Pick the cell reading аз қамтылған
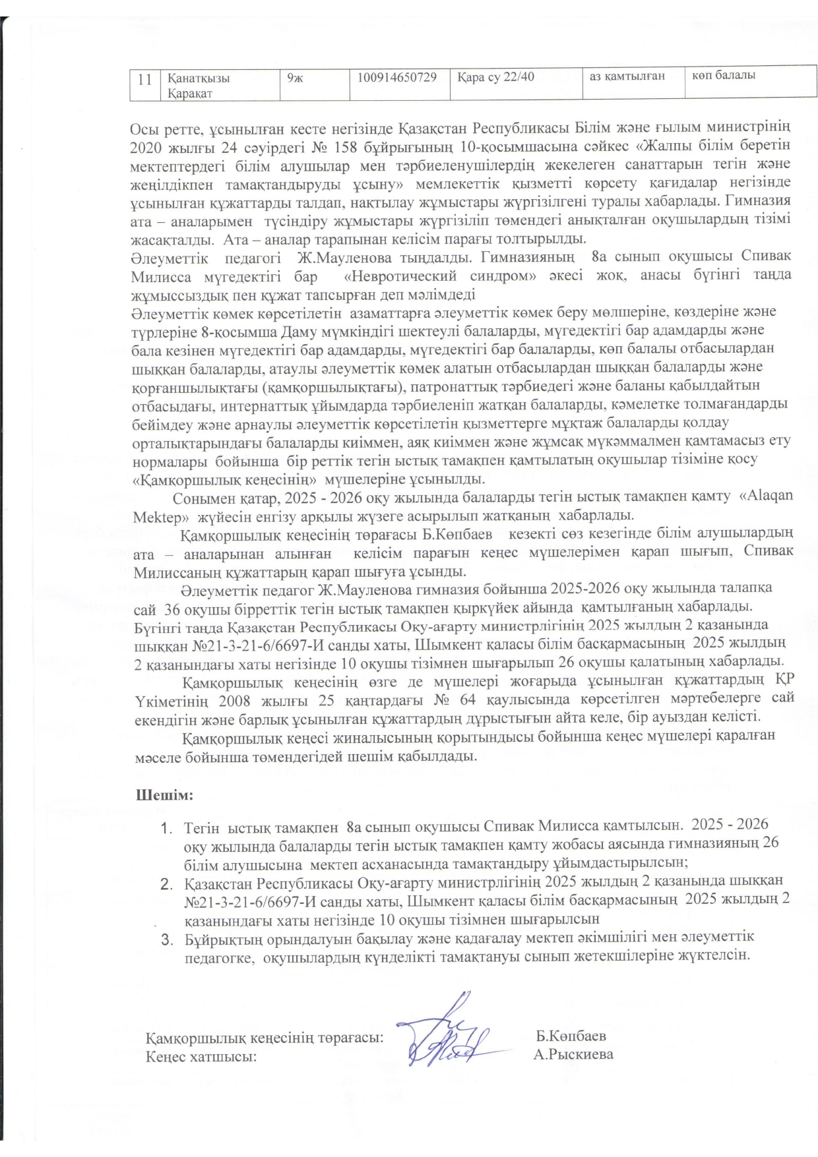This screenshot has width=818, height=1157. [627, 76]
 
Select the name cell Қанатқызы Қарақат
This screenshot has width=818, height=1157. [198, 85]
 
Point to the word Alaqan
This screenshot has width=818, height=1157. [767, 496]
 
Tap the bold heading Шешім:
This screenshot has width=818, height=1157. [164, 795]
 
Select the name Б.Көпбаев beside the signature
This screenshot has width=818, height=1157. [571, 1036]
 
